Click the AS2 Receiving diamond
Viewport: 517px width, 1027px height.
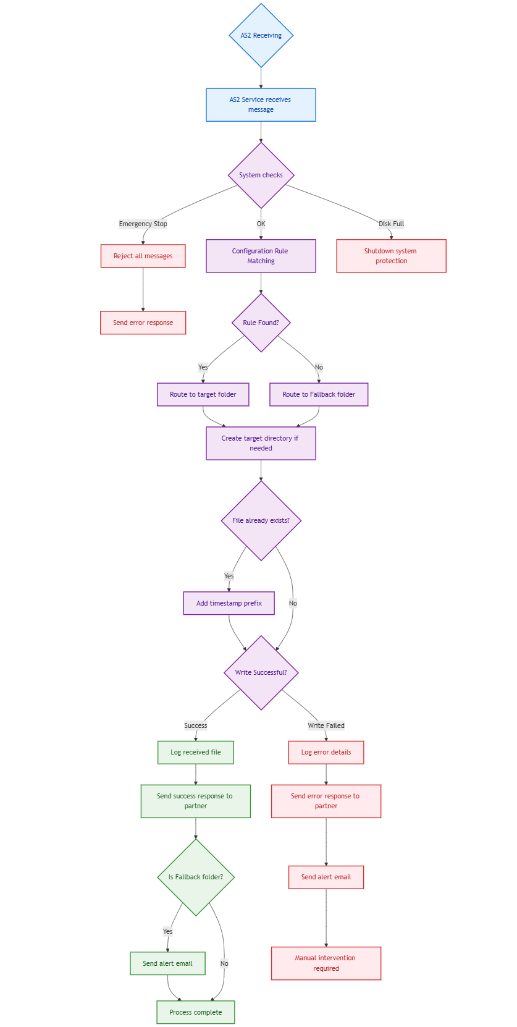point(261,35)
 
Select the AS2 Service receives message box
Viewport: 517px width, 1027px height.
point(261,104)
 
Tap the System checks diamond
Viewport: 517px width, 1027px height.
point(261,175)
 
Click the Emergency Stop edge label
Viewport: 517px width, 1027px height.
point(143,224)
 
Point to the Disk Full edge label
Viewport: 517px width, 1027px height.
point(391,224)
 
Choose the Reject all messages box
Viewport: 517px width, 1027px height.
point(143,256)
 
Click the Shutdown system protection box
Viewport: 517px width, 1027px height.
point(391,256)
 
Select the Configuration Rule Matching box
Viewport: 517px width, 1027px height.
point(261,256)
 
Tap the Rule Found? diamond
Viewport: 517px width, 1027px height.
point(261,323)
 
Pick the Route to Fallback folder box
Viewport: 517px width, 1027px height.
point(319,394)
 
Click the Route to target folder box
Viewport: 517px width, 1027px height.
point(203,394)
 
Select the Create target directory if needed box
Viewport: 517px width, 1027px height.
point(261,443)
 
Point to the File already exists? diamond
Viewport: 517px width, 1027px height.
point(261,520)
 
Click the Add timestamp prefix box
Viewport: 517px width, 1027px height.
point(229,603)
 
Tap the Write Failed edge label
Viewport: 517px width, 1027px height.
point(326,725)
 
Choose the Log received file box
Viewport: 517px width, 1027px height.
point(196,752)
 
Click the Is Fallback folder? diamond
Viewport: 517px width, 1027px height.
point(196,877)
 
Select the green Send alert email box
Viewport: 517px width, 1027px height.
point(167,963)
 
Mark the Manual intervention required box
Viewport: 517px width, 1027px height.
point(326,963)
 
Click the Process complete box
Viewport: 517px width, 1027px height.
point(196,1012)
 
